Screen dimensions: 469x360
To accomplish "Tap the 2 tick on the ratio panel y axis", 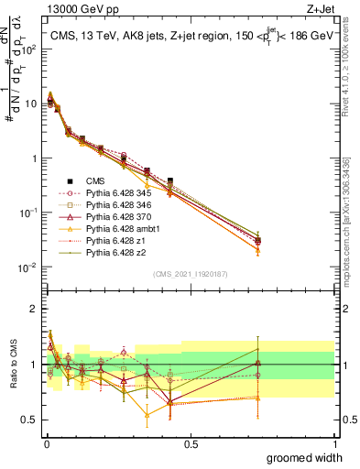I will [35, 309].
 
